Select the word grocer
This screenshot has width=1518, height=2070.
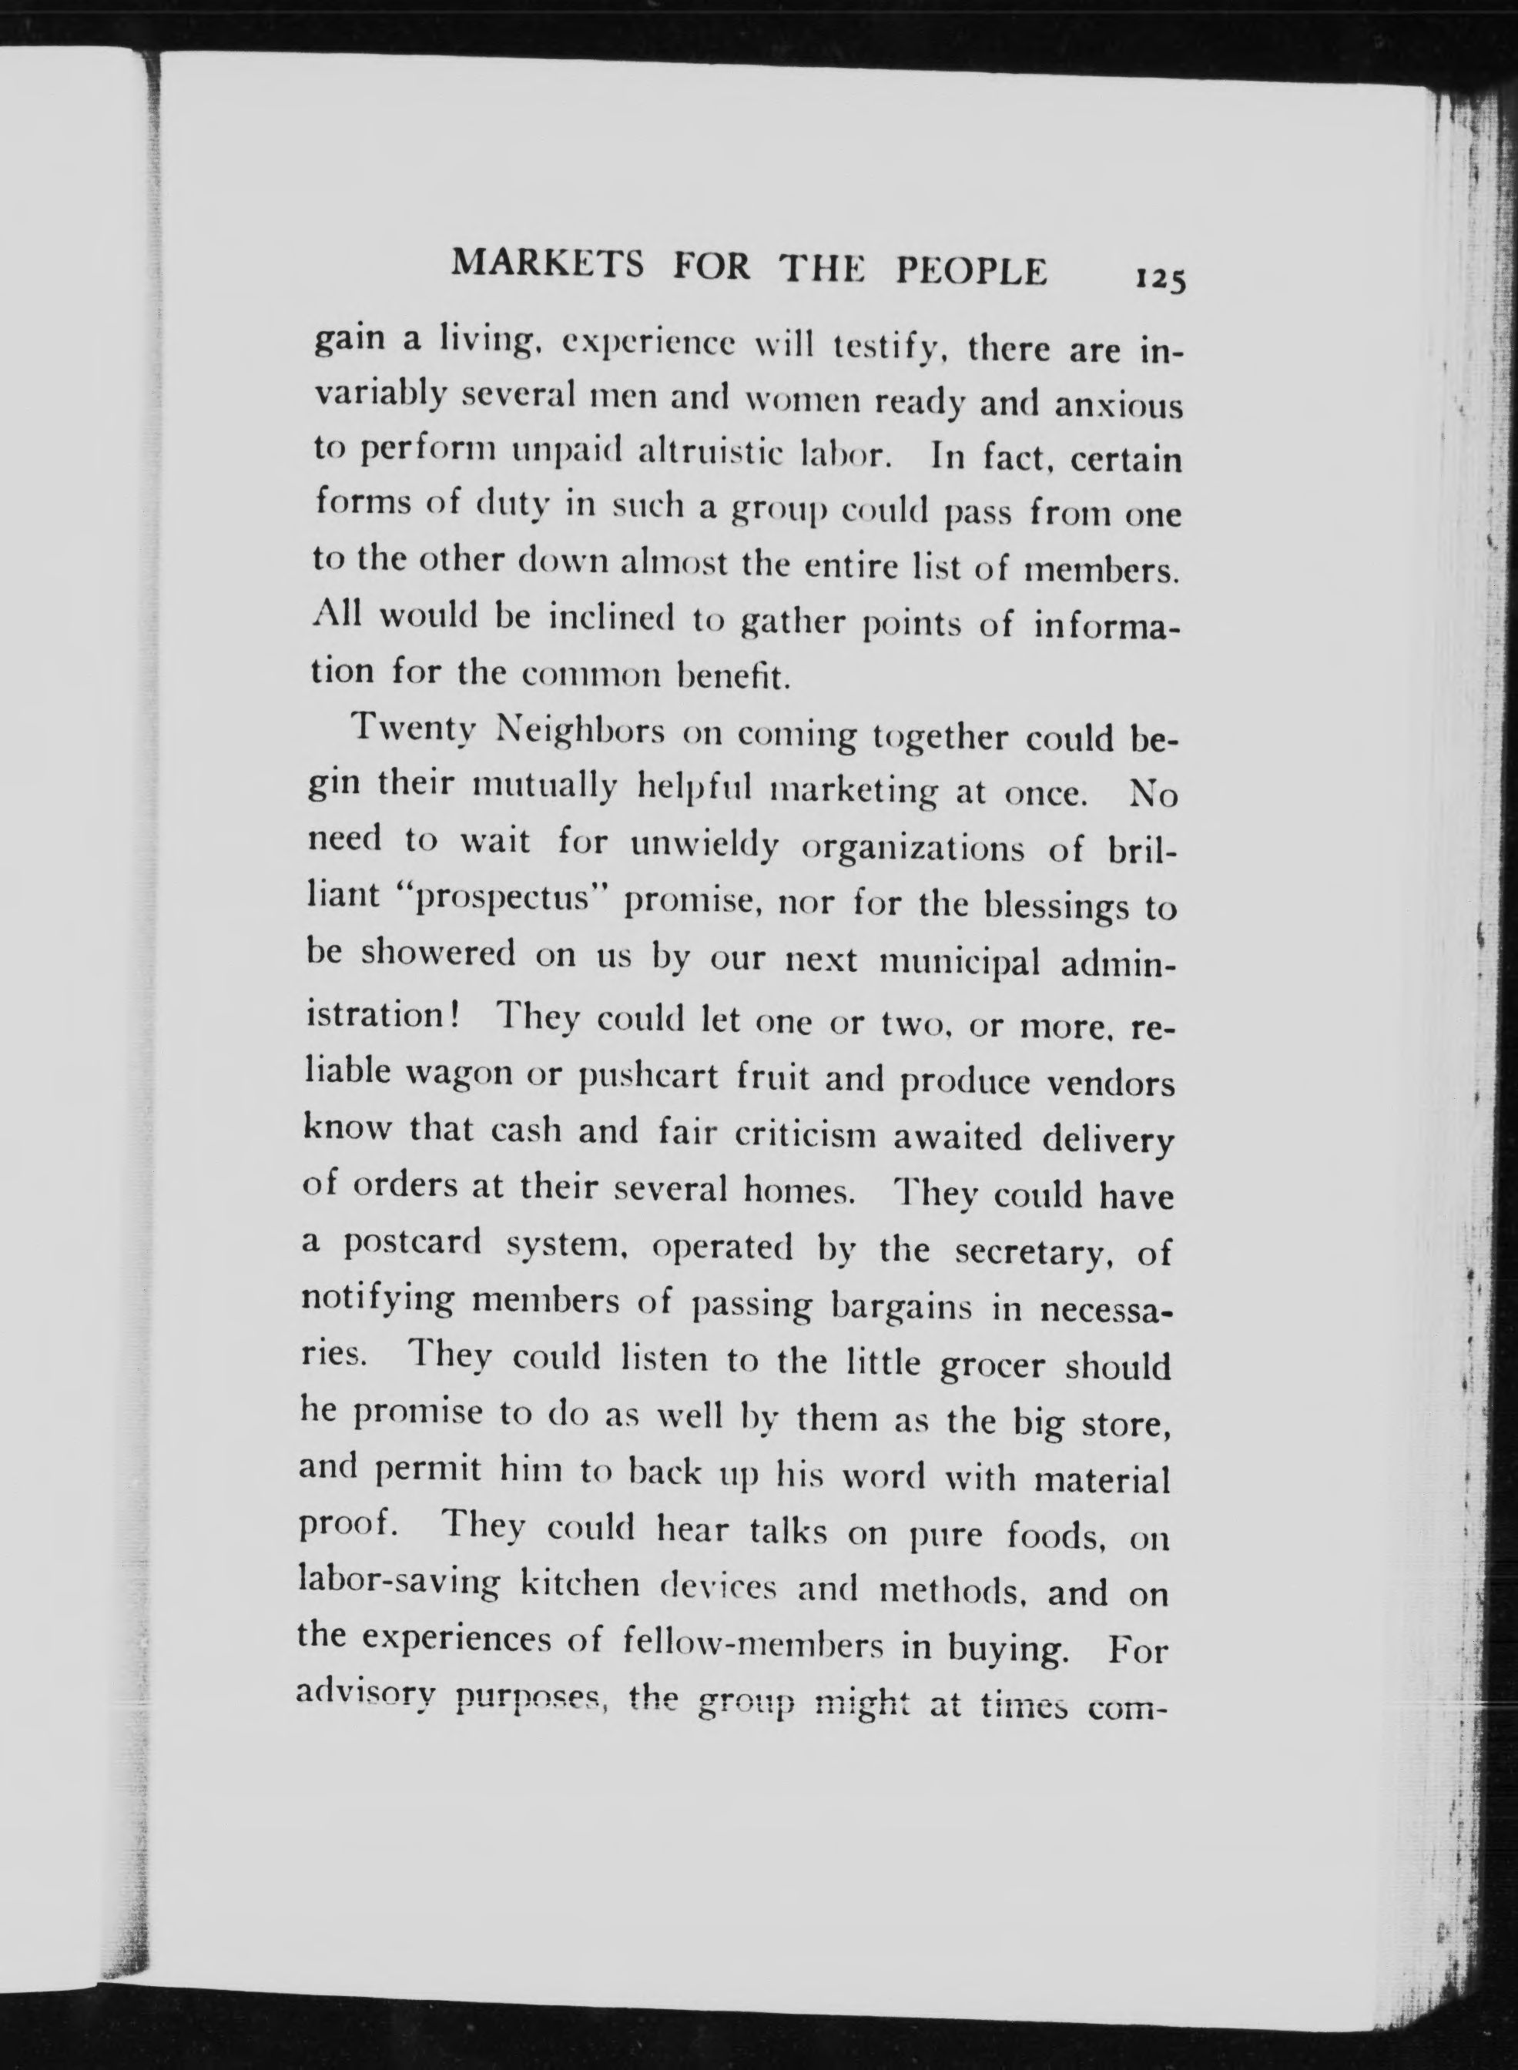[994, 1365]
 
